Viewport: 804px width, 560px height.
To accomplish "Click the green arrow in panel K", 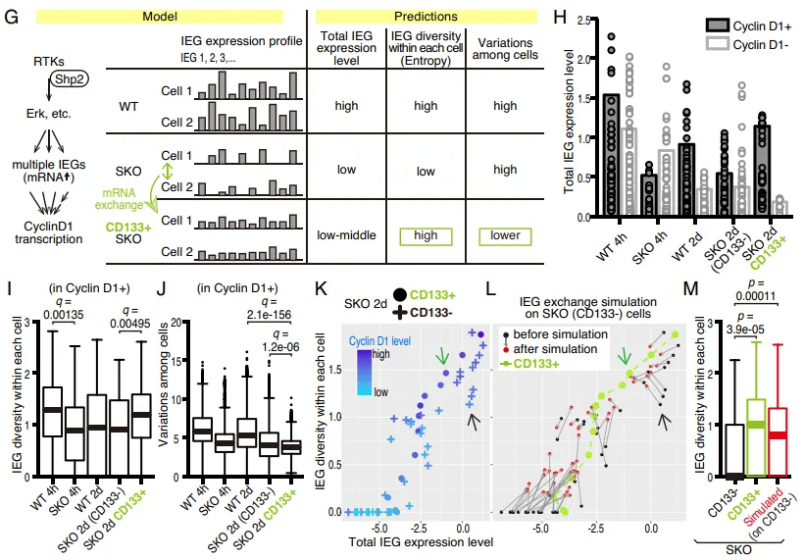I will (445, 352).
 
